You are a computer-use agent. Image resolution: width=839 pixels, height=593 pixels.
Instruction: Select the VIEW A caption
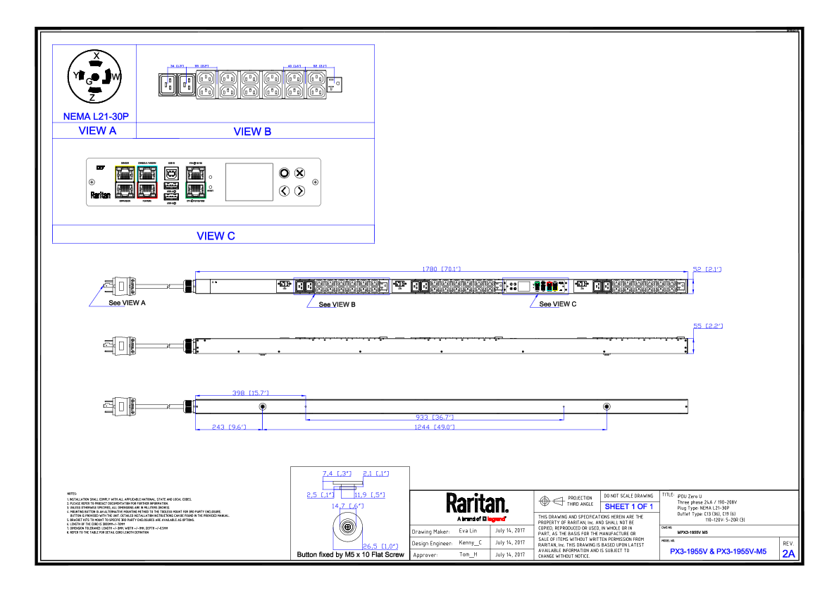(x=97, y=130)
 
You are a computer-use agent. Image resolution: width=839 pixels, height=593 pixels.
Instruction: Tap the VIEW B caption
(x=252, y=132)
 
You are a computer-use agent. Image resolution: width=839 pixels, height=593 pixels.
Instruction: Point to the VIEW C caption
(x=216, y=236)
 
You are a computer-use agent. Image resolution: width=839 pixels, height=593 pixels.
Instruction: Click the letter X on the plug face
(x=96, y=56)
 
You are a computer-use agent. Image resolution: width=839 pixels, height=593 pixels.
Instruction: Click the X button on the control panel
(x=299, y=173)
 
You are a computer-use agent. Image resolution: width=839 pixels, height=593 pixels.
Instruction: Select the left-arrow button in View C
(x=284, y=191)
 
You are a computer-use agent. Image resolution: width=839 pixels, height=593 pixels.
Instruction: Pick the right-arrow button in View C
(x=299, y=191)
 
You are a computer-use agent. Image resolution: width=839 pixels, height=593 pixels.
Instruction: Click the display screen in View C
(x=249, y=182)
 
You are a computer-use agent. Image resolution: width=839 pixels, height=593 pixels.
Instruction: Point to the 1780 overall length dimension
(x=441, y=268)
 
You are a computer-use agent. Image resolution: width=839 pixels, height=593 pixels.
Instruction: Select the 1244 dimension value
(x=435, y=427)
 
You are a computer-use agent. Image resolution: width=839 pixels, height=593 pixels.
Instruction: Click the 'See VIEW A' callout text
(x=127, y=303)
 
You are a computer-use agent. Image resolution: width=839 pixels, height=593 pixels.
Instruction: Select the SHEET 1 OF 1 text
(x=628, y=506)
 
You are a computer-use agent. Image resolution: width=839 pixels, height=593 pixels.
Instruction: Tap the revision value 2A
(x=788, y=554)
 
